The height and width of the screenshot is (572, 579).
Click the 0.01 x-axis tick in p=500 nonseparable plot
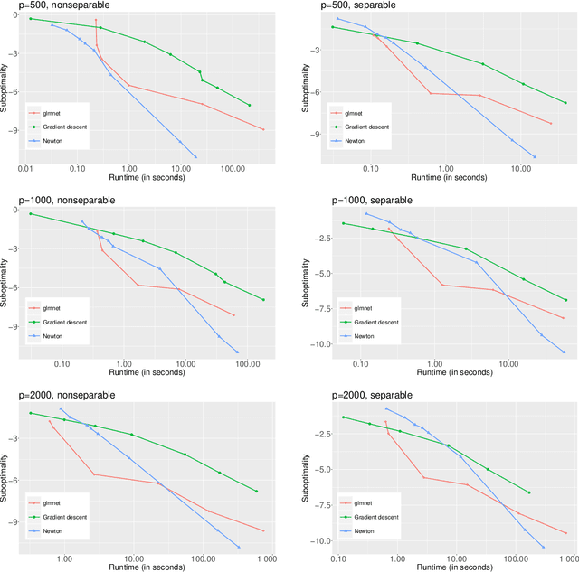pos(25,168)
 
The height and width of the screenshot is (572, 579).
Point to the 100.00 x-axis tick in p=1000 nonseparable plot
pos(246,363)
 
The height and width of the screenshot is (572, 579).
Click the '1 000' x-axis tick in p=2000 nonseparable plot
pos(257,558)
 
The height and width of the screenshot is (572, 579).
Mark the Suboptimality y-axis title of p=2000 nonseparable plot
pos(6,474)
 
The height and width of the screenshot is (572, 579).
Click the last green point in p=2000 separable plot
pos(528,492)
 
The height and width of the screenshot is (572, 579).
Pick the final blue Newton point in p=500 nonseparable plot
pos(197,156)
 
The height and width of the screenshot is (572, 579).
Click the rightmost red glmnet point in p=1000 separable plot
pos(563,318)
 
